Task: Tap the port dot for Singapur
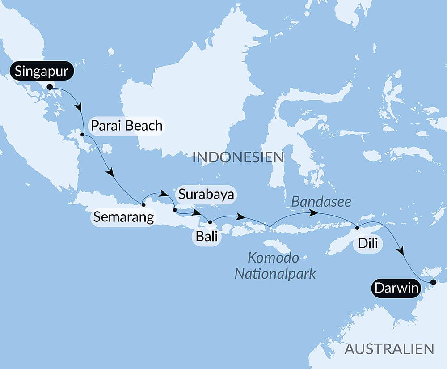click(50, 87)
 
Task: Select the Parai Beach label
click(127, 126)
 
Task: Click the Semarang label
click(123, 217)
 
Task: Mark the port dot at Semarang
click(143, 205)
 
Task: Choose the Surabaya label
click(206, 195)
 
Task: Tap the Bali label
click(206, 236)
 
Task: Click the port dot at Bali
click(210, 222)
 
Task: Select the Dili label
click(367, 244)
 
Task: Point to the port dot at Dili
click(357, 228)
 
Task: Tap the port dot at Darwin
click(432, 282)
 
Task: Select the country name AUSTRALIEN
click(389, 349)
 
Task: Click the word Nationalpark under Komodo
click(275, 273)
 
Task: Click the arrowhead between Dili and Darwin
click(401, 251)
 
